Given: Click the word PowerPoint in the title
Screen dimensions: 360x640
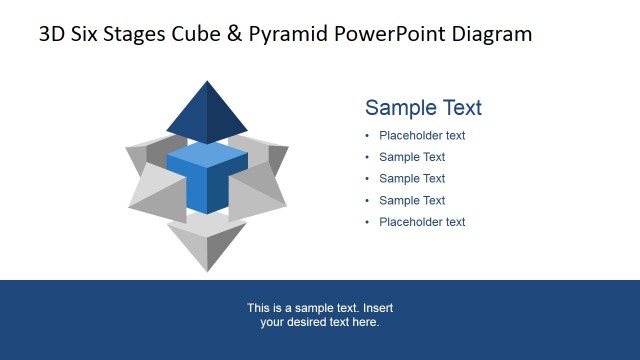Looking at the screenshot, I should pyautogui.click(x=388, y=35).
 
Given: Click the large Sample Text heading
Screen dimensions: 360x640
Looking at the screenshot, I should pyautogui.click(x=423, y=108).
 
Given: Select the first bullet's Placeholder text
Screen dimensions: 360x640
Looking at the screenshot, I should pyautogui.click(x=422, y=136).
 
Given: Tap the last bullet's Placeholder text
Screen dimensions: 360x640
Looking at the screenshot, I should pyautogui.click(x=422, y=222).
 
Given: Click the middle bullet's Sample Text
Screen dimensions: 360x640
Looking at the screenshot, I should pyautogui.click(x=412, y=179).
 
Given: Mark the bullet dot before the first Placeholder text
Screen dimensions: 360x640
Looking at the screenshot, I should pyautogui.click(x=367, y=136).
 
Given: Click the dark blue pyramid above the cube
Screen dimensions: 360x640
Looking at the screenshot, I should pyautogui.click(x=207, y=112).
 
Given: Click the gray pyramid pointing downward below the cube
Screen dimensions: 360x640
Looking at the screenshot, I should pyautogui.click(x=207, y=243).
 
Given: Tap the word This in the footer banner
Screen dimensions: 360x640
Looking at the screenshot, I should pyautogui.click(x=258, y=308).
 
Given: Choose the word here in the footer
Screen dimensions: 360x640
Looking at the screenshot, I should pyautogui.click(x=366, y=322).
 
